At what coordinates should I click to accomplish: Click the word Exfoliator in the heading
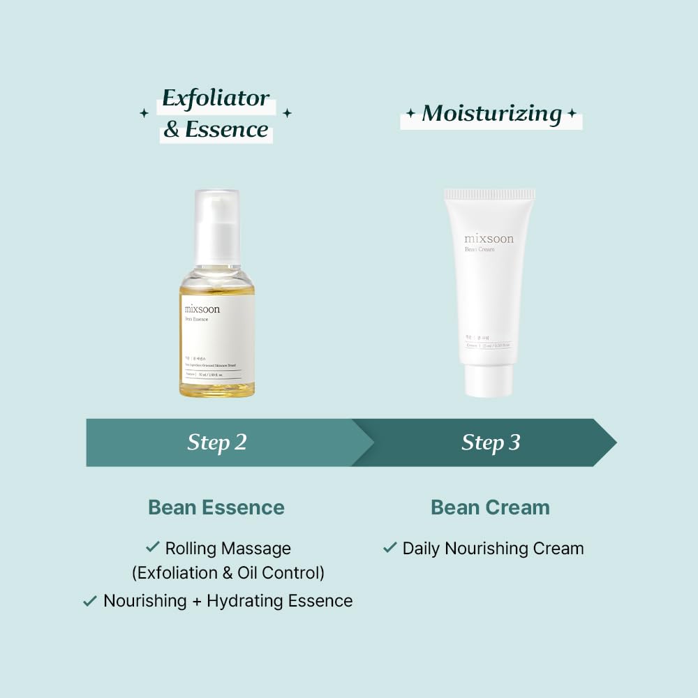216,99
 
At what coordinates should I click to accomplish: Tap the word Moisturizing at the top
491,114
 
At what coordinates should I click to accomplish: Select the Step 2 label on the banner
217,443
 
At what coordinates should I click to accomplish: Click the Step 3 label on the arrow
491,443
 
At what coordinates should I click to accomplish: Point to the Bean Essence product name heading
216,507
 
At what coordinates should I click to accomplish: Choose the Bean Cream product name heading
490,507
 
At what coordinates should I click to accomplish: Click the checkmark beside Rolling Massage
152,548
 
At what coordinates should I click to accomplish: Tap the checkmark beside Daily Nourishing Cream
389,548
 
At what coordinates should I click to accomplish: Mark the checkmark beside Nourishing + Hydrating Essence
89,600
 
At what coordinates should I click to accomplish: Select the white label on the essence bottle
217,339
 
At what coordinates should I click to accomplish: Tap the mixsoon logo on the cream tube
489,239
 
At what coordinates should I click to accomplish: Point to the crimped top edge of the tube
489,193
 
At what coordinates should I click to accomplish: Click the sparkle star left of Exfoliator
144,113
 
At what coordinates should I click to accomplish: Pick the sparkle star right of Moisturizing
572,114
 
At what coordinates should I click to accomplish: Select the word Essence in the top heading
227,130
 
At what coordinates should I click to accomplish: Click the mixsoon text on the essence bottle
202,309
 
